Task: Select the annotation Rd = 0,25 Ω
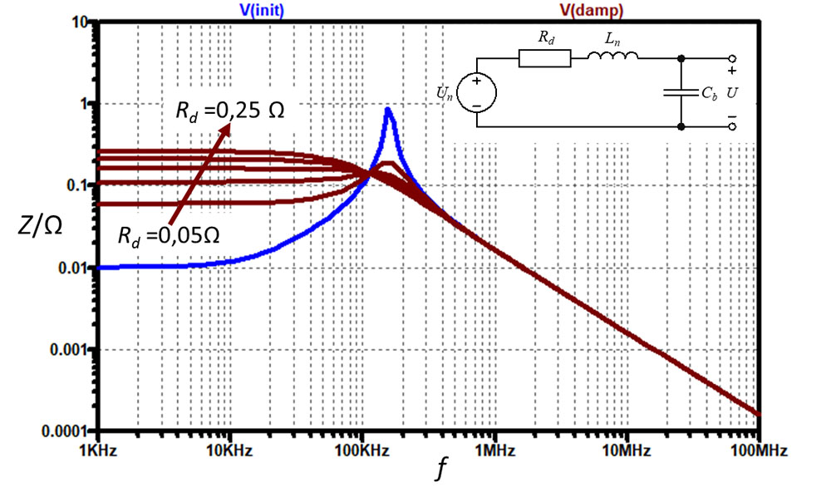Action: point(229,111)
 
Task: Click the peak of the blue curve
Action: point(387,109)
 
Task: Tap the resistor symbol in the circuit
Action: point(544,58)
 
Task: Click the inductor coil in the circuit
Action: point(613,57)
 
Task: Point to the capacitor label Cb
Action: point(709,93)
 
